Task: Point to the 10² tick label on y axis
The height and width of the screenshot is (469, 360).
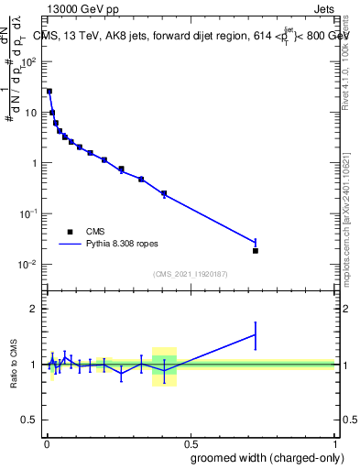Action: point(29,62)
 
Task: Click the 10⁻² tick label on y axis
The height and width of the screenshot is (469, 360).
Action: point(29,264)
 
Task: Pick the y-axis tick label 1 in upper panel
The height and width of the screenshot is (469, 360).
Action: point(34,163)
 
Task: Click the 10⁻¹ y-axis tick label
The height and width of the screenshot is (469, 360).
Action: point(29,213)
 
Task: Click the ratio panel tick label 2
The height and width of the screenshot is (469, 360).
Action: point(34,309)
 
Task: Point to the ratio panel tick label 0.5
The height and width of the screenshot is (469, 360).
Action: point(30,420)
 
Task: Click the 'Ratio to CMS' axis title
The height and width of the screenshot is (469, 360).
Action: point(14,364)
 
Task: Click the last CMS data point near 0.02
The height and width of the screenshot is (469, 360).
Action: point(256,250)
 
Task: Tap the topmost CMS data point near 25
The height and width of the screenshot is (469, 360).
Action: point(49,92)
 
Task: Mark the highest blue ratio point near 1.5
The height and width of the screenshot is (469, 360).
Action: point(256,334)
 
